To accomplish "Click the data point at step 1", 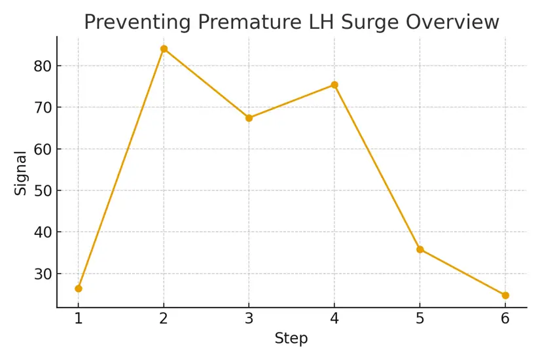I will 79,288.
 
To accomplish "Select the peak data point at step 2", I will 164,48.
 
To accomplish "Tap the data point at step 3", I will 249,118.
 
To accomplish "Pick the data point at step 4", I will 334,84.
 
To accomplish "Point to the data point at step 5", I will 420,249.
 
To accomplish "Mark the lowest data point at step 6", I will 505,295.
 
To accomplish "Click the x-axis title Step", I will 291,339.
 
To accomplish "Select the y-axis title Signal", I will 21,173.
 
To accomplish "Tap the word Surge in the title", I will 365,22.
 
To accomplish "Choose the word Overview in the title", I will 452,22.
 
